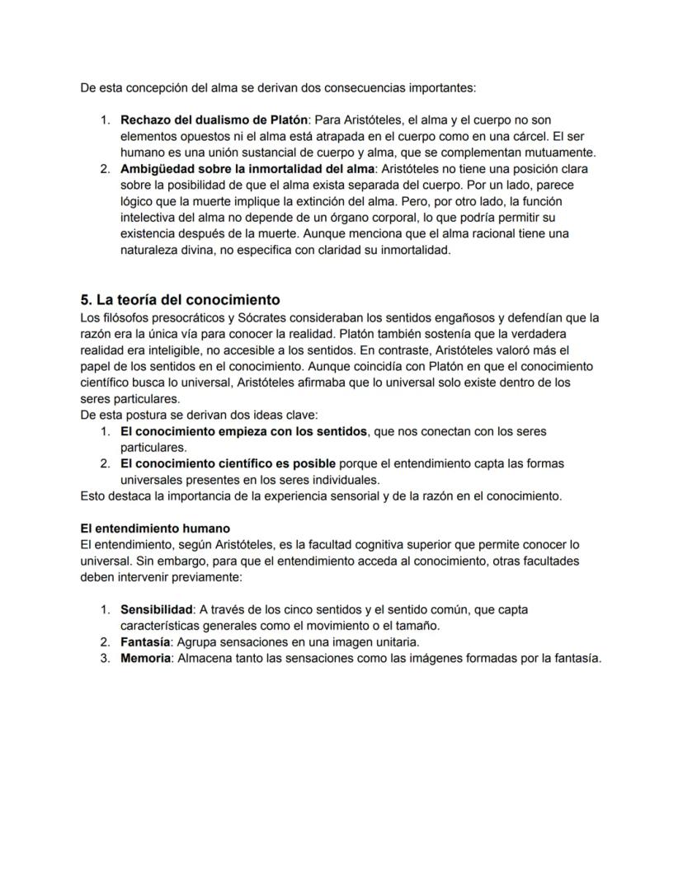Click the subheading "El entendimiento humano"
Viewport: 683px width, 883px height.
tap(155, 528)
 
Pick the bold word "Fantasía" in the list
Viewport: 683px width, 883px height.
tap(145, 641)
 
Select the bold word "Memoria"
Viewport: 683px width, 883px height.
tap(144, 658)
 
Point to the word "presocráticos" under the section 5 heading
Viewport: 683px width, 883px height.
tap(179, 317)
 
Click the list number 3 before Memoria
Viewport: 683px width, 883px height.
tap(105, 658)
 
